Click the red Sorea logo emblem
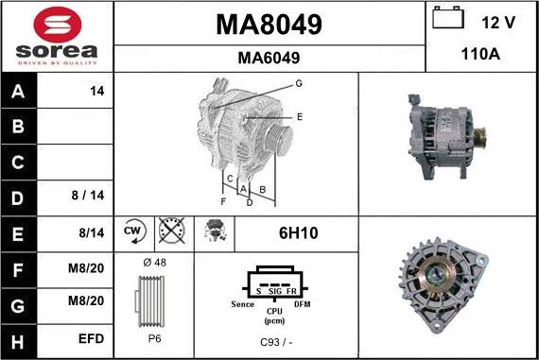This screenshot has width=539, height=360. click(x=58, y=25)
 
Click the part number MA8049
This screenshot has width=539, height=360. click(x=269, y=25)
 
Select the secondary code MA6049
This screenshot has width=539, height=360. click(x=269, y=58)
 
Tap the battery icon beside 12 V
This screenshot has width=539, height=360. click(x=448, y=17)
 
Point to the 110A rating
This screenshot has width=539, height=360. click(x=480, y=54)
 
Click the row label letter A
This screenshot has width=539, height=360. click(x=18, y=92)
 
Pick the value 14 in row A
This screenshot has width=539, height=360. click(x=97, y=91)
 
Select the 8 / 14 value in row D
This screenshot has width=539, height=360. click(x=88, y=195)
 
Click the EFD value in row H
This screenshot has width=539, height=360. click(x=91, y=338)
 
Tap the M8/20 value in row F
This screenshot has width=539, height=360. click(x=86, y=268)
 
